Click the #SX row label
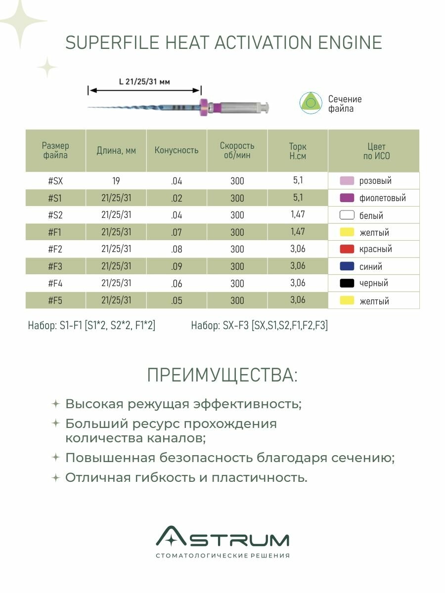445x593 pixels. click(55, 181)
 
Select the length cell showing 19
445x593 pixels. click(116, 181)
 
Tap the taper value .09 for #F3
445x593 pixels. click(177, 266)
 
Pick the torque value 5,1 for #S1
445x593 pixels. click(298, 197)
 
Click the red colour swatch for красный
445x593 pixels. click(347, 249)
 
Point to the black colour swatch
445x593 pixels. click(347, 283)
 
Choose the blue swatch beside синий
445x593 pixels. click(347, 266)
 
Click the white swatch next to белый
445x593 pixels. click(347, 215)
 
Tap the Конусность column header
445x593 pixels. click(177, 150)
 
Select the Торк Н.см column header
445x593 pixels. click(298, 151)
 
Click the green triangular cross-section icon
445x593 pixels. click(311, 103)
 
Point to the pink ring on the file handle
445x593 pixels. click(203, 107)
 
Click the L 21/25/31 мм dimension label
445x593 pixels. click(144, 82)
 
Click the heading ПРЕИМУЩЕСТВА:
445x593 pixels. click(222, 376)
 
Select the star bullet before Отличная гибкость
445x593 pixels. click(56, 478)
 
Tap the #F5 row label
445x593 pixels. click(55, 300)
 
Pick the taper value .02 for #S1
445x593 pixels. click(177, 198)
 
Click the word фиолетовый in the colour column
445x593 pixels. click(382, 198)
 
